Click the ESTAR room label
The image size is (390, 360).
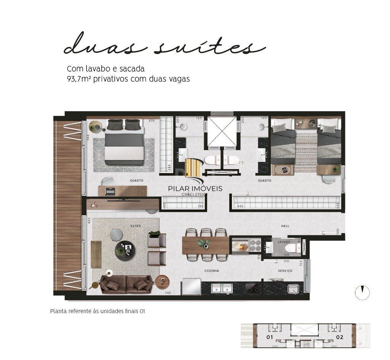point(136,226)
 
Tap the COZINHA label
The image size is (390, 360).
point(211,271)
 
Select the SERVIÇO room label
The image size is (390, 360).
point(285,271)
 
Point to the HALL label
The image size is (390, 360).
point(285,226)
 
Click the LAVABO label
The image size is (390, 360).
point(284,242)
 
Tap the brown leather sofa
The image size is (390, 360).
point(126,284)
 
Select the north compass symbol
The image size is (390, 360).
point(362,293)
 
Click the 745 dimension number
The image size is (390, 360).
point(167,293)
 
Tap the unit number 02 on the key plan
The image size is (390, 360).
point(340,337)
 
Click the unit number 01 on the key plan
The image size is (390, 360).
point(270,337)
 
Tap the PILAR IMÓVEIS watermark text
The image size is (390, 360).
point(195,188)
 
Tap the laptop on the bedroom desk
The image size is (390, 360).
point(111,190)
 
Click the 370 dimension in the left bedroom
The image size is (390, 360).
point(141,121)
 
